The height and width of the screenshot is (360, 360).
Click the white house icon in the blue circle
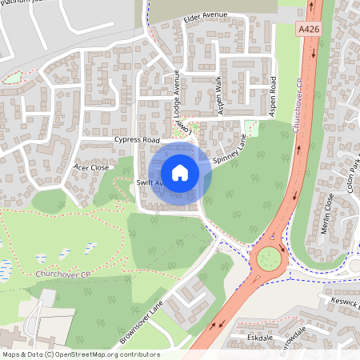point(180,172)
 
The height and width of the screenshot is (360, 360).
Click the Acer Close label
point(90,167)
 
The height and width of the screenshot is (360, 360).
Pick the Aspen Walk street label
point(218,87)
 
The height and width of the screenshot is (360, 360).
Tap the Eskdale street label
point(262,338)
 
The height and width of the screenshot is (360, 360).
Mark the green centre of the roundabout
point(268,258)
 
